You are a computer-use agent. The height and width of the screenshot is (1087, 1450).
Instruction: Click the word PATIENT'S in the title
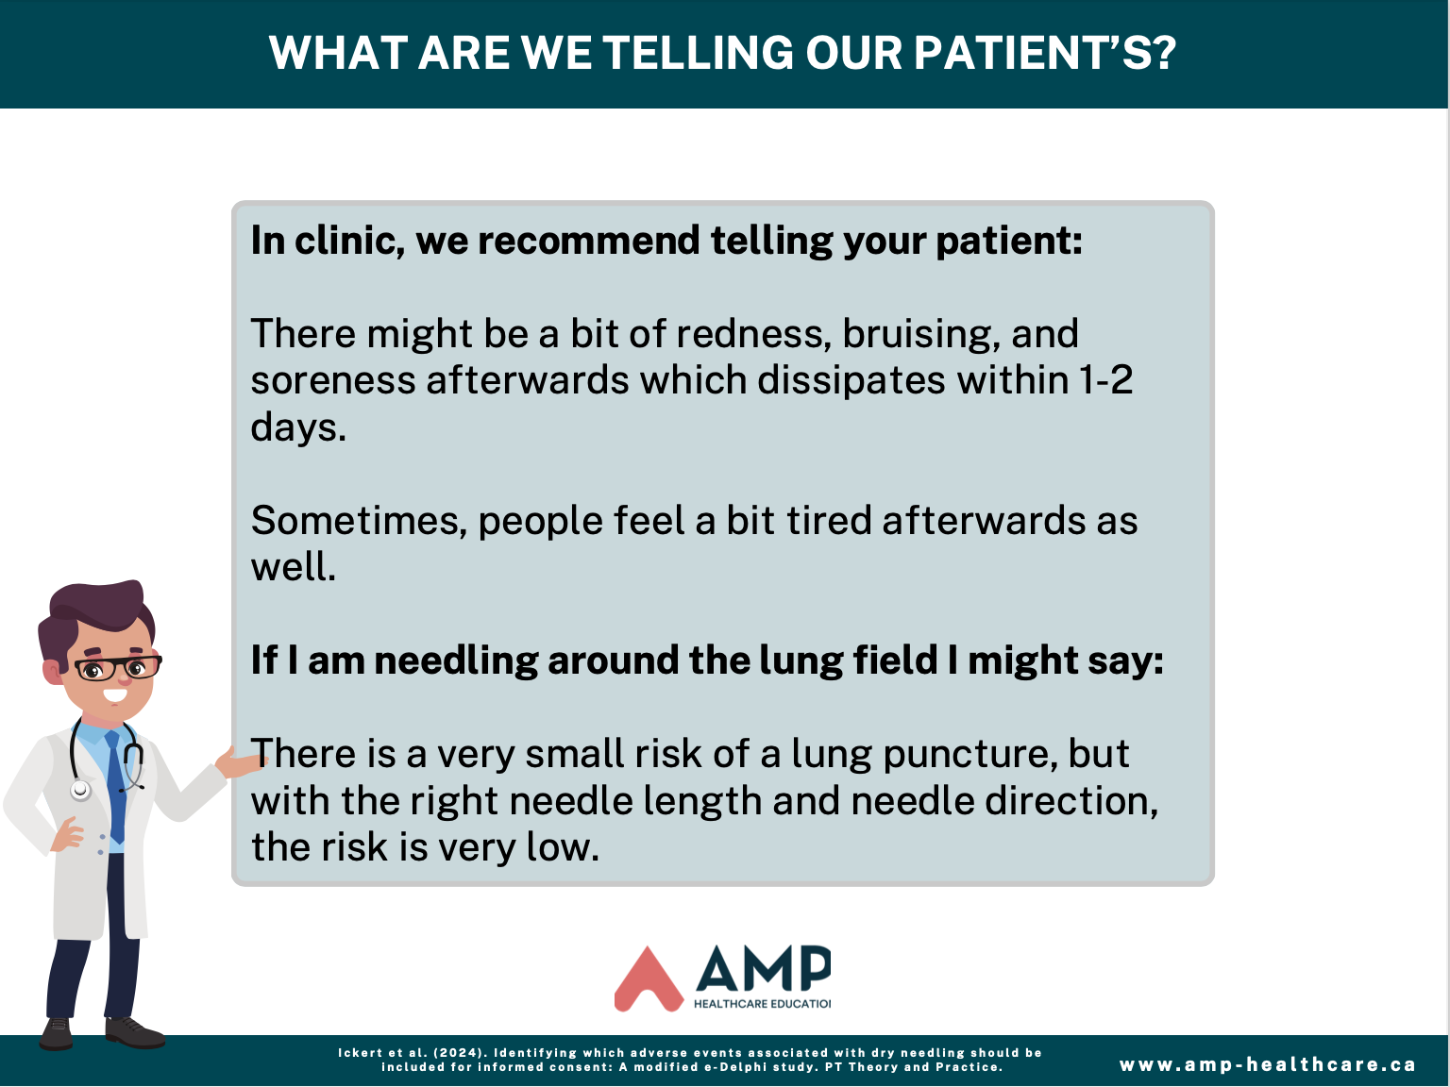(x=1044, y=53)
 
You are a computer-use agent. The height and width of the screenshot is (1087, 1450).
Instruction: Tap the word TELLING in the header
(x=698, y=53)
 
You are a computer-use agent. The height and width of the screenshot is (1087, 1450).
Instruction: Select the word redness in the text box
(x=754, y=333)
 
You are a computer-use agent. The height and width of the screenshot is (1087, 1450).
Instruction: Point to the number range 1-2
(x=1105, y=380)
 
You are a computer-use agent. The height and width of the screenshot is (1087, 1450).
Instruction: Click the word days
(x=298, y=427)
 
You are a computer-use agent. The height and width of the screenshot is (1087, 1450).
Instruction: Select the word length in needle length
(x=702, y=801)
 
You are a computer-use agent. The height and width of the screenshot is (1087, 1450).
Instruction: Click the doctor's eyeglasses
(x=118, y=668)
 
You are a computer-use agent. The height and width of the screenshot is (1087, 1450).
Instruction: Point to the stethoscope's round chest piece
(x=80, y=790)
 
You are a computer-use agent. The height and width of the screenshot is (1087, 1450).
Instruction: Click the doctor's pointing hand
(x=239, y=763)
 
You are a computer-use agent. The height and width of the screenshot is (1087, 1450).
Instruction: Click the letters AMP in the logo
(x=763, y=968)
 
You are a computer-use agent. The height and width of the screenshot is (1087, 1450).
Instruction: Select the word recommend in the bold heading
(x=588, y=241)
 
